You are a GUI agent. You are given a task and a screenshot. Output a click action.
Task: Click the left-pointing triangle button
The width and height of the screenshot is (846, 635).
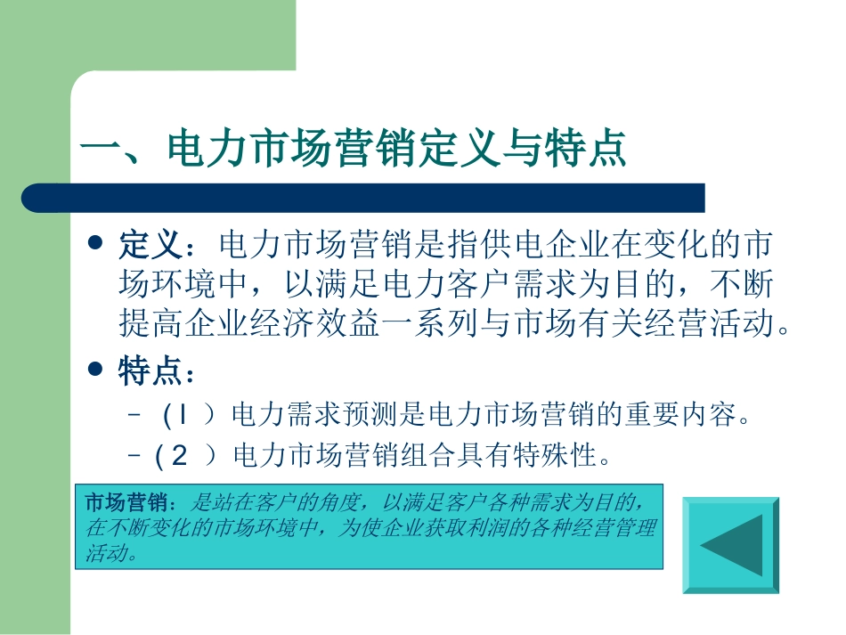point(730,545)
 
